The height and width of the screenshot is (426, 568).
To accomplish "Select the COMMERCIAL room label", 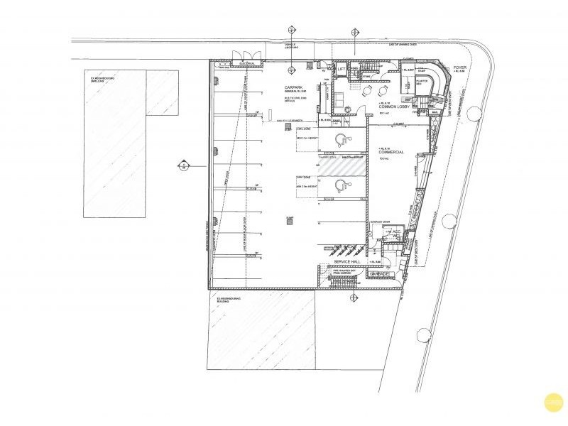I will pos(391,152).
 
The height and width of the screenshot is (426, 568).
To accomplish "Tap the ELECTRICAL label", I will pos(247,63).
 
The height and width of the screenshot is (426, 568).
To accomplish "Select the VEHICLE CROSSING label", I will pos(290,45).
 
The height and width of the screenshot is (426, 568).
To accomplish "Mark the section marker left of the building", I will pos(182,166).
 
